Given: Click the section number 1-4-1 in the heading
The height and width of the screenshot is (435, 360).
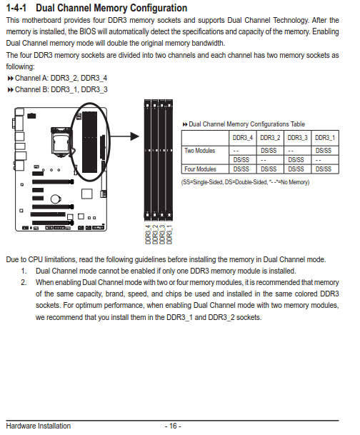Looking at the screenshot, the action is pyautogui.click(x=16, y=8).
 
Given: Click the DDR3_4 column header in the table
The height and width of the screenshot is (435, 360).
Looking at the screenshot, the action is pyautogui.click(x=243, y=138).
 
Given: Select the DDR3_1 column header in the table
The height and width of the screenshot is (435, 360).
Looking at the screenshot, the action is pyautogui.click(x=325, y=138).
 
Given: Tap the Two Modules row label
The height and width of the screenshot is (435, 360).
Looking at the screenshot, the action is pyautogui.click(x=200, y=151).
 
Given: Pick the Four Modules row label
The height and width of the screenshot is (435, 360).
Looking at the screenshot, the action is pyautogui.click(x=200, y=169).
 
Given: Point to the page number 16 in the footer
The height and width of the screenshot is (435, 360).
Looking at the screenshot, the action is pyautogui.click(x=173, y=426).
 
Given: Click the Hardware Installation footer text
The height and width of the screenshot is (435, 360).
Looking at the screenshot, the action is pyautogui.click(x=39, y=426).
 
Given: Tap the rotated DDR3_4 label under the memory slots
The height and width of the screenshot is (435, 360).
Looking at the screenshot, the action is pyautogui.click(x=148, y=234).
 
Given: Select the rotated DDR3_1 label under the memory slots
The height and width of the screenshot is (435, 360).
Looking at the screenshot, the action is pyautogui.click(x=169, y=234).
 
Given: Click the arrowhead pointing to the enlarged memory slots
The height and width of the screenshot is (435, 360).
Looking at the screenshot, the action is pyautogui.click(x=134, y=136).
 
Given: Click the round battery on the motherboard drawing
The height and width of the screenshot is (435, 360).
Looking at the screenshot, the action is pyautogui.click(x=56, y=199).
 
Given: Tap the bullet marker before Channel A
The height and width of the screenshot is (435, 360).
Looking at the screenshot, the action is pyautogui.click(x=11, y=79).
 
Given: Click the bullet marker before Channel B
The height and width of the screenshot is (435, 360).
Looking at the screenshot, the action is pyautogui.click(x=11, y=90).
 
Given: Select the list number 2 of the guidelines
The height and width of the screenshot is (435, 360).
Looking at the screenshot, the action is pyautogui.click(x=24, y=282).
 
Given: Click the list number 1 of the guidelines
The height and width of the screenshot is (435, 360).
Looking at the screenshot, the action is pyautogui.click(x=24, y=271).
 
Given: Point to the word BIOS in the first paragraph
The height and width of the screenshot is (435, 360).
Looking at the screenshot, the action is pyautogui.click(x=87, y=31).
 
